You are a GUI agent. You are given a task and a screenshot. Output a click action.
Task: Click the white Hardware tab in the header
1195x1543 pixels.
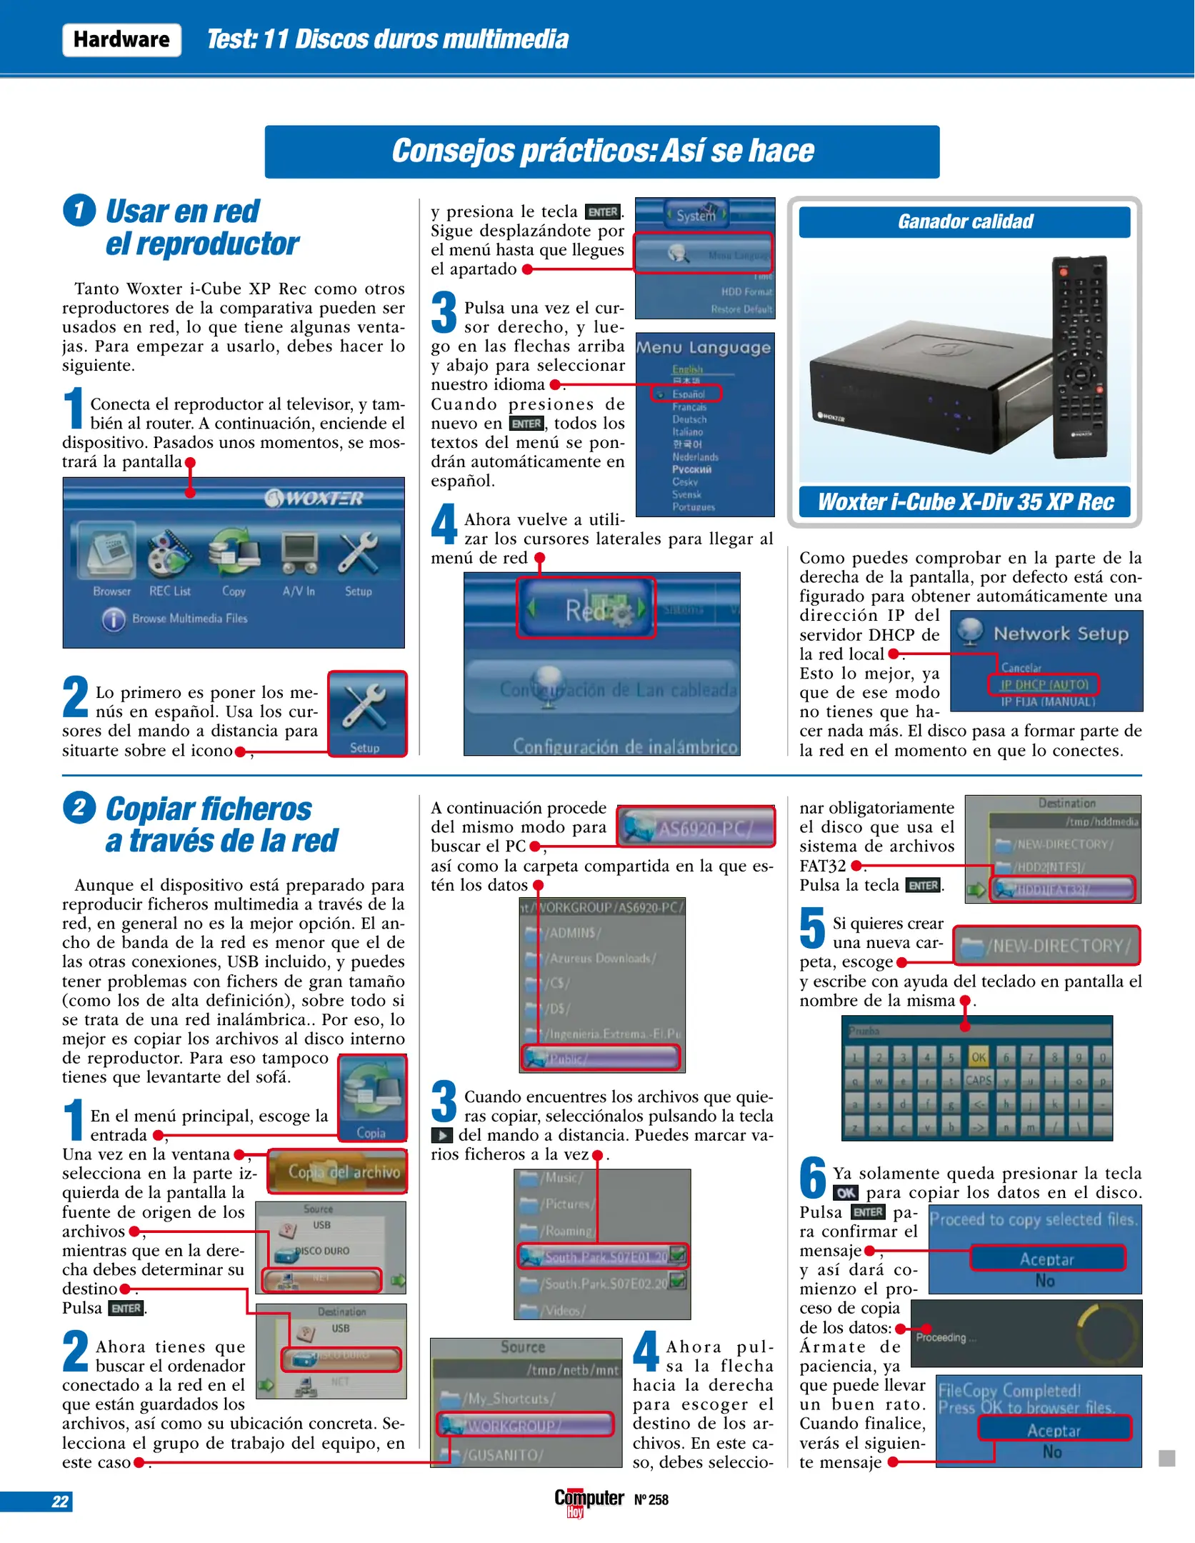click(x=121, y=40)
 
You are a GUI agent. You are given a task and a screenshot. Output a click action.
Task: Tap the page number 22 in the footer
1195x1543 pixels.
click(x=60, y=1501)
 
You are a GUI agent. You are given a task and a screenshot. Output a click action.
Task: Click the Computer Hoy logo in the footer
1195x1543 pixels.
click(x=589, y=1499)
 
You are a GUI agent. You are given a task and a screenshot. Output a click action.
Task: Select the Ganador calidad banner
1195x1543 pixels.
click(x=964, y=222)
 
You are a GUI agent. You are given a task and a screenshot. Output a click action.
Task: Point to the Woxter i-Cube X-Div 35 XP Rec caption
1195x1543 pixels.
click(x=964, y=502)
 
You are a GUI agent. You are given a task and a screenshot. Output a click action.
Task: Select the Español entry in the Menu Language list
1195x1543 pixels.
click(x=686, y=394)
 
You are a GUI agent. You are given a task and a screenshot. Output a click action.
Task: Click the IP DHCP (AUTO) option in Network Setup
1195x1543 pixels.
click(x=1044, y=684)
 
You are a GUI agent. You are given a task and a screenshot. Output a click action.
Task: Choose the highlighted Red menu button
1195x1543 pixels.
click(x=586, y=608)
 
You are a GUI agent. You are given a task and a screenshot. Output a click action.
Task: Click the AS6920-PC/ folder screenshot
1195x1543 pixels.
click(x=696, y=828)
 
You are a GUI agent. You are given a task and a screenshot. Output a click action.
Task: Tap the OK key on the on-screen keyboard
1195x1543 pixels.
click(x=978, y=1057)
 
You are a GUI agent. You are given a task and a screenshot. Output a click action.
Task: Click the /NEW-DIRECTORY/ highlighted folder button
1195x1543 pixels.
click(x=1046, y=946)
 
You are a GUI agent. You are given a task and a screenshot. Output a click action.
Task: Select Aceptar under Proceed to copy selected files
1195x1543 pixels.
click(x=1046, y=1259)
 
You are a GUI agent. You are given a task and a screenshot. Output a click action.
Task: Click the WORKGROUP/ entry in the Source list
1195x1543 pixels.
click(x=525, y=1425)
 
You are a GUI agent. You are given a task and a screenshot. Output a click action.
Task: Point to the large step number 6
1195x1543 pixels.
click(x=813, y=1177)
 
